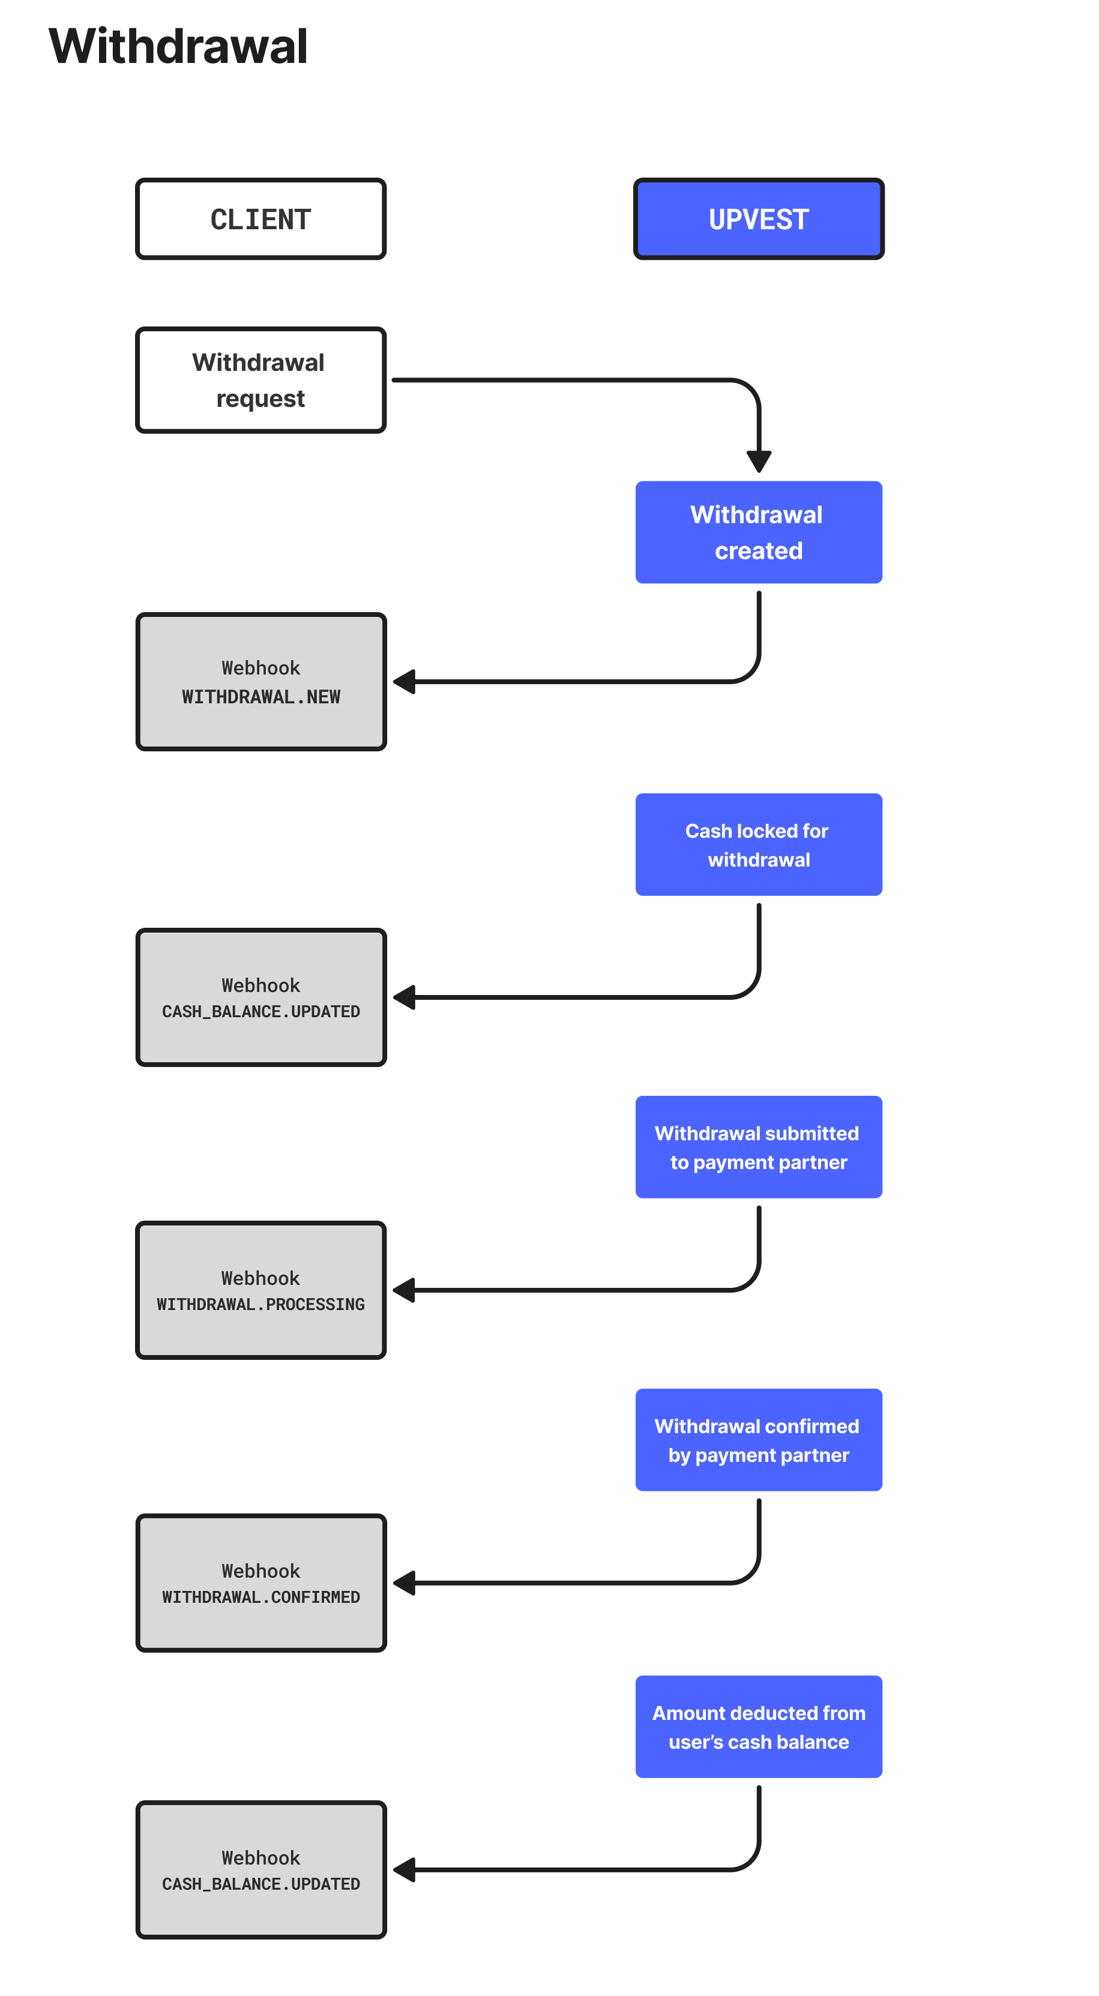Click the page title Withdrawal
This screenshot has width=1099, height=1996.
pyautogui.click(x=178, y=46)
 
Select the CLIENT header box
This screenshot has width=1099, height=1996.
pyautogui.click(x=261, y=219)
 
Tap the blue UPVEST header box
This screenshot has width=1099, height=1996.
pyautogui.click(x=759, y=219)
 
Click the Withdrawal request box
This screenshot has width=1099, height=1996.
pyautogui.click(x=261, y=380)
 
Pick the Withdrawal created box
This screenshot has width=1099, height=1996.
pyautogui.click(x=759, y=532)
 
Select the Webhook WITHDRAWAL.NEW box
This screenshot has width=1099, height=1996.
pyautogui.click(x=261, y=682)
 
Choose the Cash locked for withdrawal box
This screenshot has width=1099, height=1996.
pyautogui.click(x=759, y=844)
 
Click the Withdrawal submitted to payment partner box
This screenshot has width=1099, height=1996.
pyautogui.click(x=759, y=1147)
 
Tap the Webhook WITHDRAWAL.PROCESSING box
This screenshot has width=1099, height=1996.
pyautogui.click(x=261, y=1290)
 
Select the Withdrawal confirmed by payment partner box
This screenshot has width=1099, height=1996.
pyautogui.click(x=759, y=1440)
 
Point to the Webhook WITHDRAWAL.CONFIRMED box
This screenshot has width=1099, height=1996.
pyautogui.click(x=261, y=1583)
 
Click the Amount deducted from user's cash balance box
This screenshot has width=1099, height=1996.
pyautogui.click(x=759, y=1727)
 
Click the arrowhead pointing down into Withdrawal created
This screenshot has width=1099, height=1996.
pyautogui.click(x=759, y=462)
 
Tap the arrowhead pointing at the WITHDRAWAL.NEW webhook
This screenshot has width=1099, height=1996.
pyautogui.click(x=404, y=682)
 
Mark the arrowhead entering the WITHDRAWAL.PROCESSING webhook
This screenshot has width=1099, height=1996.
pyautogui.click(x=404, y=1290)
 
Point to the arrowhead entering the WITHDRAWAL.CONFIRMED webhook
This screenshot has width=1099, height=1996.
pyautogui.click(x=404, y=1583)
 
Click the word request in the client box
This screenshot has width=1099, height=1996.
pyautogui.click(x=260, y=399)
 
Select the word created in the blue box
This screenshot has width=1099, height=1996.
pyautogui.click(x=759, y=551)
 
